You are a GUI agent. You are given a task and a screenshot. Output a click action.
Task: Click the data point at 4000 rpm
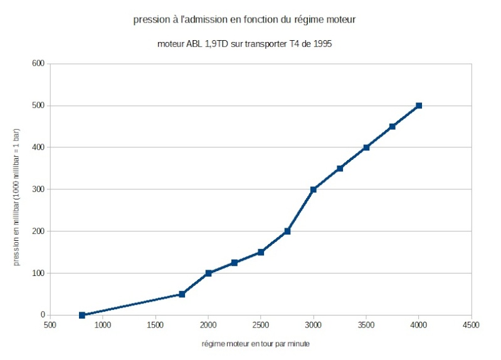point(419,105)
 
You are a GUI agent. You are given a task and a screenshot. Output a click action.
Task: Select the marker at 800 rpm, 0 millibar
point(82,315)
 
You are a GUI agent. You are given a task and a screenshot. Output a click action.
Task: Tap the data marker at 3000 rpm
point(314,189)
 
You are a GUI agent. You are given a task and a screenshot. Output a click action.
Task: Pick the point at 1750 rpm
point(182,294)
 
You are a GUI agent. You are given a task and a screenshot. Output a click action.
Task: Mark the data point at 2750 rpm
point(287,231)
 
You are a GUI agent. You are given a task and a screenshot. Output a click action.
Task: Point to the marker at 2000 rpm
point(208,273)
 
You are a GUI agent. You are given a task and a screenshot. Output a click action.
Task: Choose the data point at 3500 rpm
point(366,147)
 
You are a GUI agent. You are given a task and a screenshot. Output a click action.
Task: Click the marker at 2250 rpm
point(235,263)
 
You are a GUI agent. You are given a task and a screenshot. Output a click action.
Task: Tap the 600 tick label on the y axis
point(38,63)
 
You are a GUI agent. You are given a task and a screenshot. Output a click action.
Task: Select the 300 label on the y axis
point(38,189)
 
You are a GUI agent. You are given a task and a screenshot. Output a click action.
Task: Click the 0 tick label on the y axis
point(43,315)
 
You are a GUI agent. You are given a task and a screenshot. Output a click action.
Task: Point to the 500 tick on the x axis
point(50,326)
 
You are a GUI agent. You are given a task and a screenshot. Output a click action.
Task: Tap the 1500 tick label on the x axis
point(156,326)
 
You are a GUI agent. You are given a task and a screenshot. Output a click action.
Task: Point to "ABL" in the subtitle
point(193,45)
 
